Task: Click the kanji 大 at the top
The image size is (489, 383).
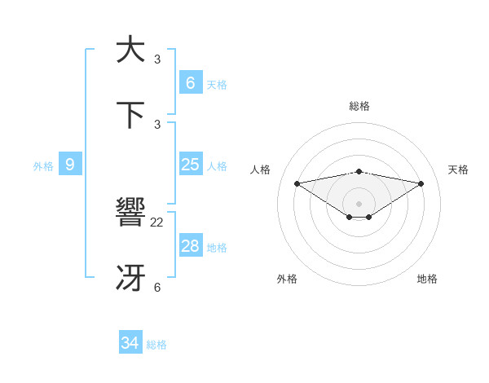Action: [130, 49]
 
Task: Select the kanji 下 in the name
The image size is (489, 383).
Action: [130, 115]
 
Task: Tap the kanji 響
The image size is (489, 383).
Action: [130, 214]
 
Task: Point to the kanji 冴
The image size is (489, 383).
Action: [130, 279]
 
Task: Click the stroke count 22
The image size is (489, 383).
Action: [157, 222]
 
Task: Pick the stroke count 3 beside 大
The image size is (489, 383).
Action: [157, 59]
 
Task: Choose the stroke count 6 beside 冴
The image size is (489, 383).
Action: [157, 287]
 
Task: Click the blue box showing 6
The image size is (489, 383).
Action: [190, 83]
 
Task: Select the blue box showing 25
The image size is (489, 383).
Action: [190, 165]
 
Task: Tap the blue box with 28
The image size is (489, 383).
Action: [190, 246]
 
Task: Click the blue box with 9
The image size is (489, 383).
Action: [70, 165]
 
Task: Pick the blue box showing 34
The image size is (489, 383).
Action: [130, 343]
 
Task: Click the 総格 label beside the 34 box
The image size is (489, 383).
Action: [156, 345]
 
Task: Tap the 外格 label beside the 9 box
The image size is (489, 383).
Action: [43, 166]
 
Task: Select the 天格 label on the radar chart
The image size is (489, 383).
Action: [458, 169]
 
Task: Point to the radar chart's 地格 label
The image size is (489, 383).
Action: [427, 279]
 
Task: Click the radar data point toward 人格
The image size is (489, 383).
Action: [297, 183]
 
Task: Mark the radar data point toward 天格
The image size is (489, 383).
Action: [421, 183]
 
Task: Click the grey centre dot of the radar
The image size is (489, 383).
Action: [359, 203]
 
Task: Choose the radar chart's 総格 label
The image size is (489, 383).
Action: [359, 106]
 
